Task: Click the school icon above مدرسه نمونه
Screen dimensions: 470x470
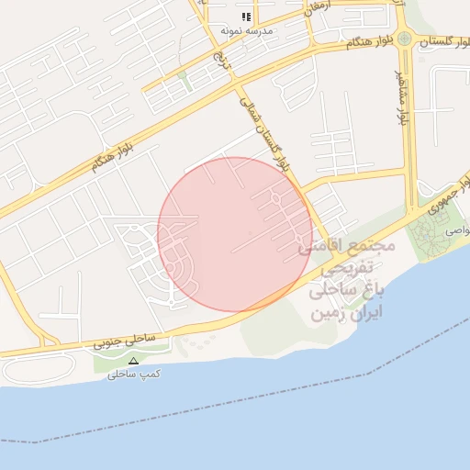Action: [x=245, y=17]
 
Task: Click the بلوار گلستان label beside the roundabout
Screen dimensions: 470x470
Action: [x=443, y=40]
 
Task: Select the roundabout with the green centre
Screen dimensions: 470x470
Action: [x=404, y=39]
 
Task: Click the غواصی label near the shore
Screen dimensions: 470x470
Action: [x=456, y=233]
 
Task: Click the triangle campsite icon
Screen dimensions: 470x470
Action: [x=133, y=361]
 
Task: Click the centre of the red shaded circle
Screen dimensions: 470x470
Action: [x=235, y=234]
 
